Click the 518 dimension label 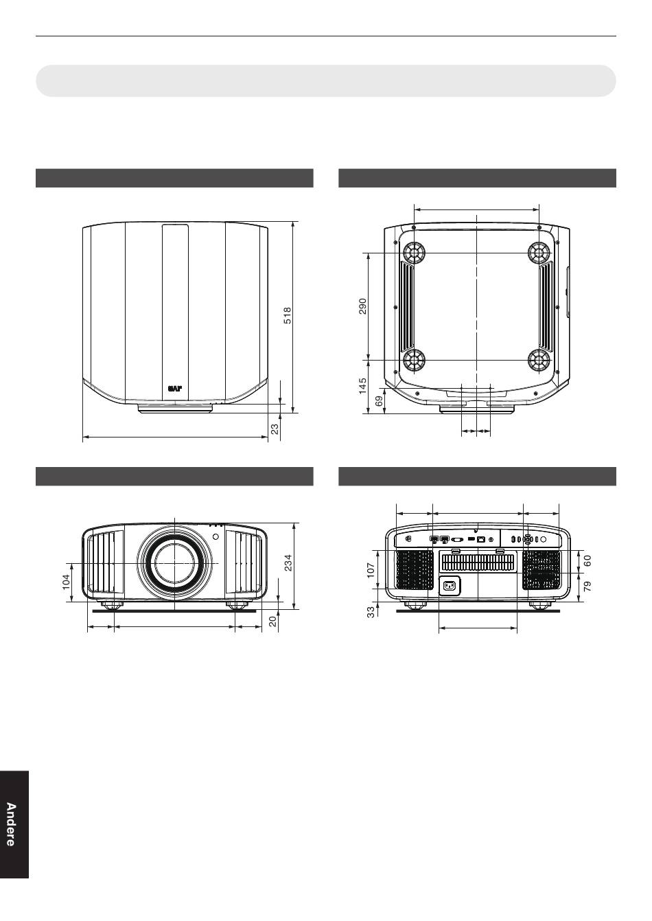[x=288, y=315]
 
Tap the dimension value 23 [x=275, y=429]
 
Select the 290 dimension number [x=362, y=306]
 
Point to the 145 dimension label [x=362, y=386]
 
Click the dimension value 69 [x=380, y=401]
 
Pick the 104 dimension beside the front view [x=66, y=582]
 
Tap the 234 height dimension [x=288, y=563]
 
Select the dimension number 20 [x=272, y=622]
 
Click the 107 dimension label [x=371, y=570]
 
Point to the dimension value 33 [x=371, y=612]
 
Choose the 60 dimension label [x=588, y=560]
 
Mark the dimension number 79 [x=588, y=587]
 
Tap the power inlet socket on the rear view [x=450, y=586]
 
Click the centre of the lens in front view [x=174, y=563]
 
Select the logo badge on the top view [x=174, y=388]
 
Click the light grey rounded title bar [x=326, y=80]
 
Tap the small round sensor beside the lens [x=216, y=536]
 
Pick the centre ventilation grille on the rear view [x=478, y=562]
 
